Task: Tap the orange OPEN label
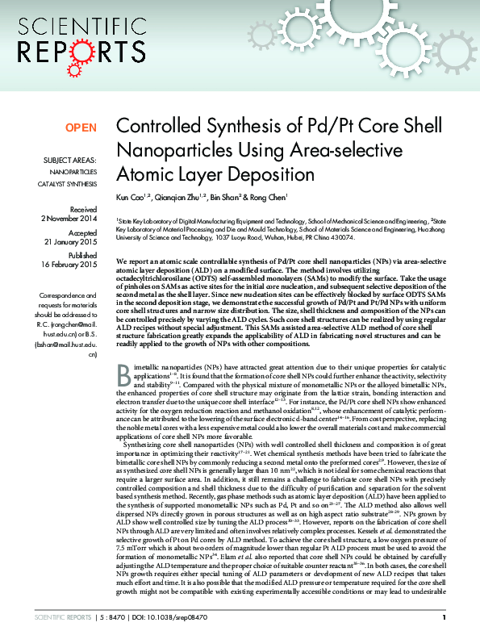click(81, 128)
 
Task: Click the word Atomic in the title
click(140, 173)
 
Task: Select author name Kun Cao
click(131, 198)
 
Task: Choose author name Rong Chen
click(267, 198)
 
